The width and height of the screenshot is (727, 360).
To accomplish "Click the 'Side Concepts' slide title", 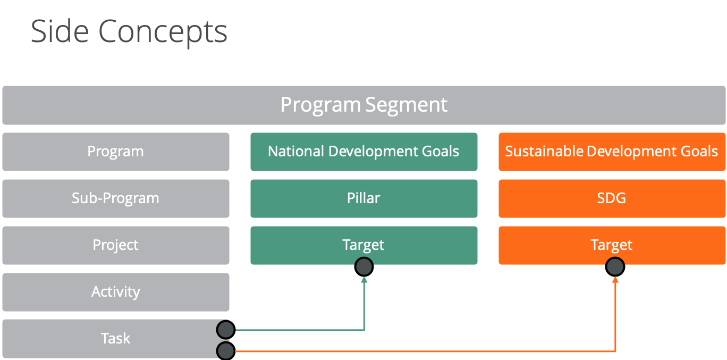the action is [129, 31].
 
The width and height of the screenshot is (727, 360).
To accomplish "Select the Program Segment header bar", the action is [364, 105].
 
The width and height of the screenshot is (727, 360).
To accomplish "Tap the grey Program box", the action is [115, 152].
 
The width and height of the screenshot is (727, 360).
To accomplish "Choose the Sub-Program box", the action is [115, 198].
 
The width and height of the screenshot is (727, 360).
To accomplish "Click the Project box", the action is [115, 245].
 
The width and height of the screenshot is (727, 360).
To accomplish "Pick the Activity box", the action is [115, 292].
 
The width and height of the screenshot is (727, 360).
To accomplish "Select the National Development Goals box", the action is [364, 152].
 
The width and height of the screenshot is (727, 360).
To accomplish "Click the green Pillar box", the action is [364, 198].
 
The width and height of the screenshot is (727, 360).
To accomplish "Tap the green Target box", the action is [364, 245].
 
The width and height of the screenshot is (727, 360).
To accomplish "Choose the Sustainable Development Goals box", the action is [612, 152].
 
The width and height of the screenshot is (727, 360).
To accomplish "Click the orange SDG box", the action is [612, 198].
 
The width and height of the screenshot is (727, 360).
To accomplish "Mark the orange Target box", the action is [612, 245].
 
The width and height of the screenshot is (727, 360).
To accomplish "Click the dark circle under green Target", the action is [364, 267].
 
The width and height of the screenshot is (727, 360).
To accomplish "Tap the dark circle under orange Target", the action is [615, 267].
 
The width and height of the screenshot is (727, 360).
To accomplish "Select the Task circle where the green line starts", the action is [226, 330].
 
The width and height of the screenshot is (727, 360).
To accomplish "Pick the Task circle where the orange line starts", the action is [226, 350].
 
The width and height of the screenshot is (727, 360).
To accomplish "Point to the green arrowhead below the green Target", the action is [364, 280].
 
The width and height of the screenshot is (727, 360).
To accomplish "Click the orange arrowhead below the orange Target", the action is [615, 280].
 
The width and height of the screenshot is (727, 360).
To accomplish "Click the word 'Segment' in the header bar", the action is [407, 105].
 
